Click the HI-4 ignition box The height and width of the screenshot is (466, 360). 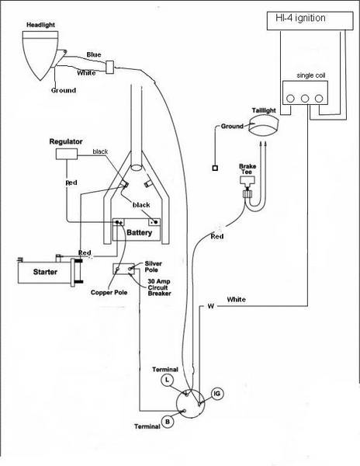(310, 21)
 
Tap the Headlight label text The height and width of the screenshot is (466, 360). (40, 25)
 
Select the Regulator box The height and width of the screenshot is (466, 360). (67, 154)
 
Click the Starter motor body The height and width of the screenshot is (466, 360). (44, 272)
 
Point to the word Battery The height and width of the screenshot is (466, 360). (139, 232)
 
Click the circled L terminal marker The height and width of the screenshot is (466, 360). (168, 380)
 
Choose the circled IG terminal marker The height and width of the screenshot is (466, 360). (217, 394)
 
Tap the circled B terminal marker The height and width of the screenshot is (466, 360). (168, 422)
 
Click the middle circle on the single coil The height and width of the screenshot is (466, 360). (305, 99)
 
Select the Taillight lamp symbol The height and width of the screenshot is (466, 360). (263, 127)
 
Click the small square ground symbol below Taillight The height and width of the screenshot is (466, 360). (215, 168)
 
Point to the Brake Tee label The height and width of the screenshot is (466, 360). (247, 169)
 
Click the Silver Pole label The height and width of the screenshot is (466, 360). (153, 266)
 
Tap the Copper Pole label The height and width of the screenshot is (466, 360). (109, 293)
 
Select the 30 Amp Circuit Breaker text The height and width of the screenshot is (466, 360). (159, 287)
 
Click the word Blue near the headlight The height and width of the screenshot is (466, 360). (94, 54)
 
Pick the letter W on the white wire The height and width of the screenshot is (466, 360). (211, 306)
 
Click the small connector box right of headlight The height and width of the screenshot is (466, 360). (110, 67)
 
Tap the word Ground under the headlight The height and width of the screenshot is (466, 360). (64, 90)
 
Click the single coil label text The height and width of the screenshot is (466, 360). (311, 75)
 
